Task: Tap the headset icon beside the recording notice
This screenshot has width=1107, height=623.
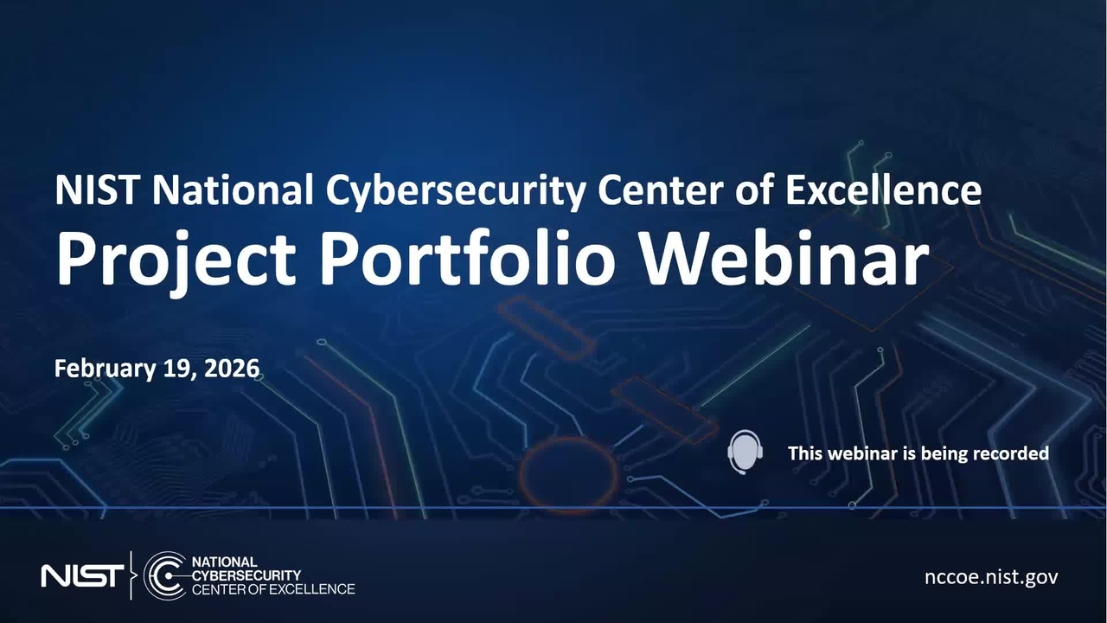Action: click(745, 452)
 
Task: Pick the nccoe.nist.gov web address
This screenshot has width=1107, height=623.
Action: click(991, 577)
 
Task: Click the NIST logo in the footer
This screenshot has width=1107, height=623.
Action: click(82, 575)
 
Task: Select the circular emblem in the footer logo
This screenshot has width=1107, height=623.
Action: click(164, 575)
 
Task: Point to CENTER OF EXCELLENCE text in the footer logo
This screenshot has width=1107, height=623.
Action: click(272, 589)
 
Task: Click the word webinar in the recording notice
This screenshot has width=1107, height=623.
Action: click(860, 453)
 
